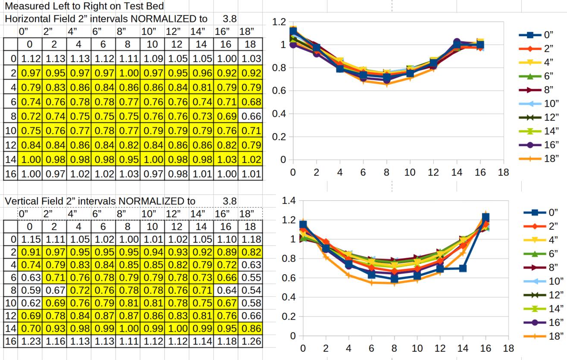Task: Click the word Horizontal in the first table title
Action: pyautogui.click(x=27, y=19)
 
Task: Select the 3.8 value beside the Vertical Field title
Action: pyautogui.click(x=230, y=201)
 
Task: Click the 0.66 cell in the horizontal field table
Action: pyautogui.click(x=251, y=116)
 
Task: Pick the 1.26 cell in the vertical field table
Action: pyautogui.click(x=251, y=341)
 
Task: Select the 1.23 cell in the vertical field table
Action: pyautogui.click(x=30, y=341)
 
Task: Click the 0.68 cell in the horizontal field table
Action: pyautogui.click(x=251, y=102)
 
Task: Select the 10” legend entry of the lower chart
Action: pyautogui.click(x=544, y=281)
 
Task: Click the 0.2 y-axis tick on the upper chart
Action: pyautogui.click(x=280, y=137)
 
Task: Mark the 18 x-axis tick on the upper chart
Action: pyautogui.click(x=503, y=172)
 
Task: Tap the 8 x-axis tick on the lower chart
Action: pyautogui.click(x=394, y=348)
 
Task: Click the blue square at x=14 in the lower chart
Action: pyautogui.click(x=463, y=268)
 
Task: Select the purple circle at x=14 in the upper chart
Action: pyautogui.click(x=457, y=42)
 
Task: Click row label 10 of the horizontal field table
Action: pyautogui.click(x=10, y=130)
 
